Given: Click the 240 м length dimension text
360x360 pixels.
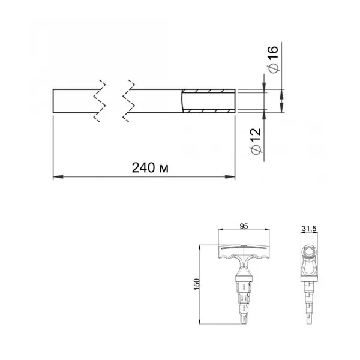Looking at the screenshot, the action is pyautogui.click(x=150, y=167).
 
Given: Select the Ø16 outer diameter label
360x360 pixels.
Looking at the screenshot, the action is pyautogui.click(x=273, y=59).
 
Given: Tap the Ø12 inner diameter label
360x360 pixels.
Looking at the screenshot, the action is pyautogui.click(x=256, y=141).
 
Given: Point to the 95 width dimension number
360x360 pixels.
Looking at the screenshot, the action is pyautogui.click(x=244, y=226).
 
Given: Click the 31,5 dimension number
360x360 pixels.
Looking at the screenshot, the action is pyautogui.click(x=309, y=229).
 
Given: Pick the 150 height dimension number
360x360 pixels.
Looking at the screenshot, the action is pyautogui.click(x=197, y=284).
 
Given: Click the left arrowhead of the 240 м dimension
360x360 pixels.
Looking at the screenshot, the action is pyautogui.click(x=58, y=177).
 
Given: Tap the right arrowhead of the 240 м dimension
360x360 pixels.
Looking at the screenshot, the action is pyautogui.click(x=230, y=177).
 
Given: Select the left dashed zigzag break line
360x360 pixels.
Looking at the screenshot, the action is pyautogui.click(x=100, y=101).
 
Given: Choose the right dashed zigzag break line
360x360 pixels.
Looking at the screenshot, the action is pyautogui.click(x=128, y=101).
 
